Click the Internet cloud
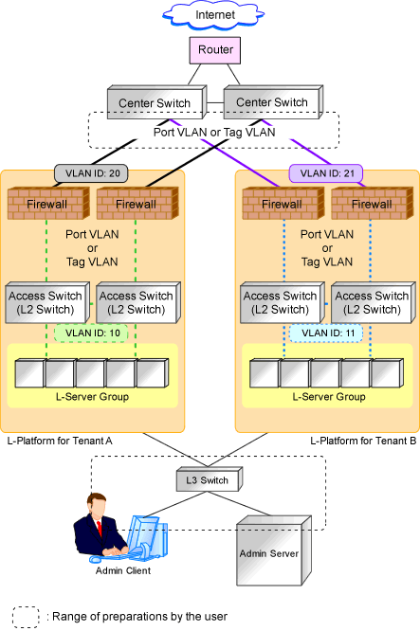click(x=214, y=15)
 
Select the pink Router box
click(x=215, y=50)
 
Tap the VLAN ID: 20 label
click(x=91, y=173)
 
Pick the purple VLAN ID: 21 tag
click(x=326, y=173)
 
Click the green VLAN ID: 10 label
click(x=91, y=334)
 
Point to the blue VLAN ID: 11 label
click(x=326, y=334)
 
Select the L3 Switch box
click(x=210, y=479)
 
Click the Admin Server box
click(x=274, y=550)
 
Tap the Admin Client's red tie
click(x=99, y=528)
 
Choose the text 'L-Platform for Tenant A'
click(x=60, y=442)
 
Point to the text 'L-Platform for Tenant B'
click(x=363, y=442)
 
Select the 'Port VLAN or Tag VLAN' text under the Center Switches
click(x=214, y=132)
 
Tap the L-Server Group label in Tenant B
click(x=329, y=397)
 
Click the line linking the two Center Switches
click(x=215, y=103)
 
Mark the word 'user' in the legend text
click(x=216, y=617)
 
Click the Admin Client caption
click(x=123, y=570)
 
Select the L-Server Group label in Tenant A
click(x=92, y=397)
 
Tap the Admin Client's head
click(x=98, y=505)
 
